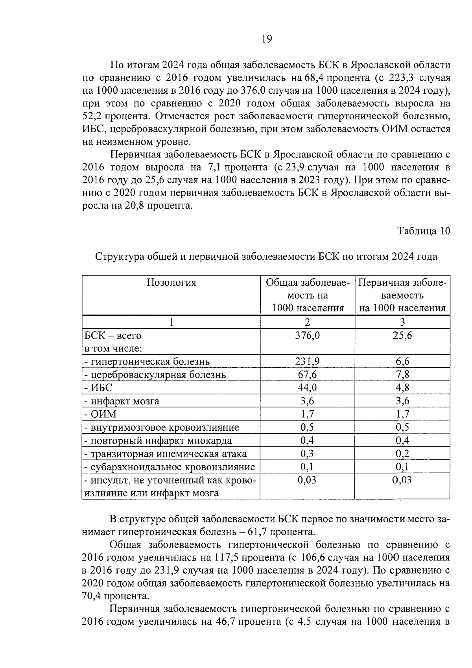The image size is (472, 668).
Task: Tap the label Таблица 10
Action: [x=423, y=231]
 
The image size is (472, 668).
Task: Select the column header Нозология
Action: [x=171, y=283]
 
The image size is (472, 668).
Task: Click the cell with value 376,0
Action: [x=307, y=335]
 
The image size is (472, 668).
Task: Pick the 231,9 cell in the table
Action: [x=307, y=361]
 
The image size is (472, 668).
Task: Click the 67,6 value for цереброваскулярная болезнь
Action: [x=307, y=374]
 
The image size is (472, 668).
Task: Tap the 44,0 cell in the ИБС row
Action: [x=307, y=388]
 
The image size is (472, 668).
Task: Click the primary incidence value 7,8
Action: [x=402, y=374]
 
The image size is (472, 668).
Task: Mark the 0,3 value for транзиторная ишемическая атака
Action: [x=307, y=453]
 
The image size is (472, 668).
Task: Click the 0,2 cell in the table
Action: [x=402, y=453]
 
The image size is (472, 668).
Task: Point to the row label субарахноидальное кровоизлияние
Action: [x=170, y=467]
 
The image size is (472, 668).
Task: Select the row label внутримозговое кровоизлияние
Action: [x=162, y=427]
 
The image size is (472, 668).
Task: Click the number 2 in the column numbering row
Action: [x=307, y=322]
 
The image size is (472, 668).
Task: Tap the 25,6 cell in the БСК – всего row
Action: [x=402, y=335]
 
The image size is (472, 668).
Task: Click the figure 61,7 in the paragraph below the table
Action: [x=258, y=532]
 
